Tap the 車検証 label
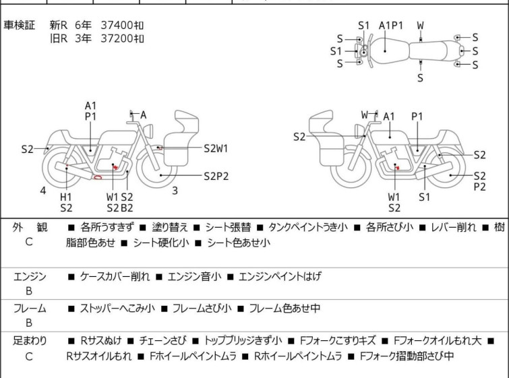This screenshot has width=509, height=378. pos(20,25)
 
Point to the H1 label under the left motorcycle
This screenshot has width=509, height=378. pos(65,196)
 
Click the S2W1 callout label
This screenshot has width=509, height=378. pos(216,148)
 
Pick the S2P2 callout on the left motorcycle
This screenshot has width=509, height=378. pos(216,177)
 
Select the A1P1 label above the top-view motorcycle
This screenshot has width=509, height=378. pos(390,26)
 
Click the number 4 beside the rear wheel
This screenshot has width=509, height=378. pos(43,191)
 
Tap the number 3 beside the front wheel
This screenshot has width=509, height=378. pos(175,191)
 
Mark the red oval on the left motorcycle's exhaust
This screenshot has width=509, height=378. pos(98,178)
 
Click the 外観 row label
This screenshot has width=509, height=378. pos(30,228)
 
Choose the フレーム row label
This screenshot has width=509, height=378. pos(30,309)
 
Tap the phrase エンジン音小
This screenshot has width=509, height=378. pos(195,276)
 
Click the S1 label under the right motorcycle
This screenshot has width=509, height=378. pos(424,197)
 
